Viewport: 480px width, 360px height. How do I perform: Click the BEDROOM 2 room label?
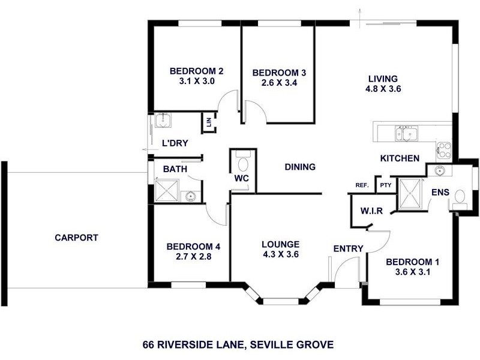pyautogui.click(x=192, y=68)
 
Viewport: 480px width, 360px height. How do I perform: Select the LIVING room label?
pyautogui.click(x=383, y=79)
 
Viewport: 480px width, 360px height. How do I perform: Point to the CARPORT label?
pyautogui.click(x=76, y=238)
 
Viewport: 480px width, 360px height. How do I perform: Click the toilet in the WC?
pyautogui.click(x=242, y=163)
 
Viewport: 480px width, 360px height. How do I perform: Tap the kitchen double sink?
pyautogui.click(x=407, y=133)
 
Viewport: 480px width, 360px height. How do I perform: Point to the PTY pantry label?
pyautogui.click(x=385, y=185)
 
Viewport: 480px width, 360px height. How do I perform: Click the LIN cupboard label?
pyautogui.click(x=209, y=122)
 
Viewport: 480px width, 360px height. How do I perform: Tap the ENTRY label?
pyautogui.click(x=348, y=248)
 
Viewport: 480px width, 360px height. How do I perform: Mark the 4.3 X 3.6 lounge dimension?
pyautogui.click(x=280, y=254)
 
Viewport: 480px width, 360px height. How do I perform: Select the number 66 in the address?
pyautogui.click(x=149, y=345)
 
